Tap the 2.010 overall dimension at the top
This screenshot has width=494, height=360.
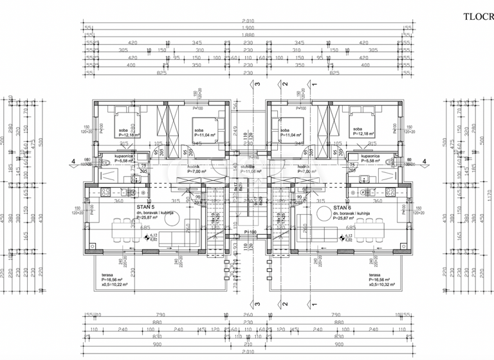click(248, 21)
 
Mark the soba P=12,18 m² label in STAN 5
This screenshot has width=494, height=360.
click(127, 133)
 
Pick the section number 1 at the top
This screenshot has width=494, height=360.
click(315, 84)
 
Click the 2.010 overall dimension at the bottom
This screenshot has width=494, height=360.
click(248, 353)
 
